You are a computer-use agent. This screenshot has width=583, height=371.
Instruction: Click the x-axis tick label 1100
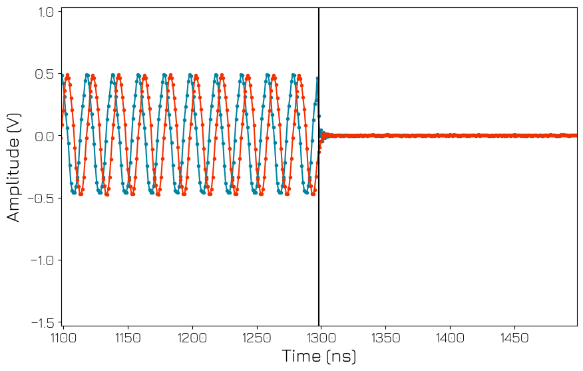(64, 338)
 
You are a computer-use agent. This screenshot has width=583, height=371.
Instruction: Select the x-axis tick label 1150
(128, 338)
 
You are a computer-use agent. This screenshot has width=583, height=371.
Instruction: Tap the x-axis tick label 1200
(192, 338)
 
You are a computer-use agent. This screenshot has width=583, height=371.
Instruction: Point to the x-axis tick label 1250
(256, 338)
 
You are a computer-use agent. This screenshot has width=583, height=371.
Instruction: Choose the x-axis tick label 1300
(321, 338)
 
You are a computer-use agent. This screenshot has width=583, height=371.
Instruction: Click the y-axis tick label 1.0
(45, 12)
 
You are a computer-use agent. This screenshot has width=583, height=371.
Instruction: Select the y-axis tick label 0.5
(45, 74)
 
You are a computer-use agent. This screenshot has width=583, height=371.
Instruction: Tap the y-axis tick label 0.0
(45, 136)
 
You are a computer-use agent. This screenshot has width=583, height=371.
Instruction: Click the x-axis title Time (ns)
(319, 356)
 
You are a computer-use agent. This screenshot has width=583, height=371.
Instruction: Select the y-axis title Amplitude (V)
(14, 166)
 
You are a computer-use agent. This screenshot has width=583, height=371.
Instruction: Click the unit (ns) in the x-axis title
(341, 356)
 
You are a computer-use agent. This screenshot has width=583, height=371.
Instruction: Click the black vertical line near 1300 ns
(319, 233)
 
